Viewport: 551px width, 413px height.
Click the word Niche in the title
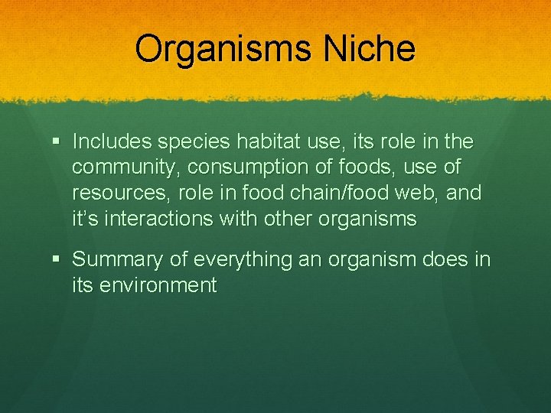(370, 49)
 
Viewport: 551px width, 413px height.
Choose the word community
(126, 167)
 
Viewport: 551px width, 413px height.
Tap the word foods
(376, 167)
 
